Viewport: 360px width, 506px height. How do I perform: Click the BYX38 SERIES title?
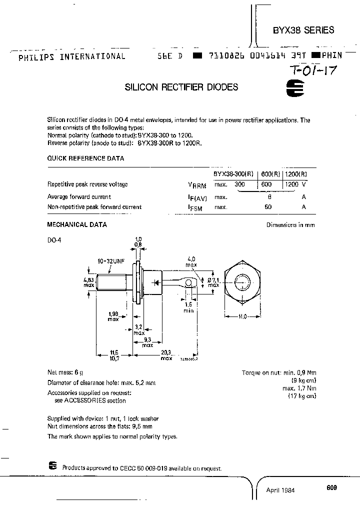pos(303,30)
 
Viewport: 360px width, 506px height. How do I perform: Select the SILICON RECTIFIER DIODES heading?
pos(181,87)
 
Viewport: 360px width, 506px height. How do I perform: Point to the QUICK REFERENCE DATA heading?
pos(85,158)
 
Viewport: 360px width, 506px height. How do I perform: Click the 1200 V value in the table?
pos(295,184)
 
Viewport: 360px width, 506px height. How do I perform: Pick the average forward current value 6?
pos(269,196)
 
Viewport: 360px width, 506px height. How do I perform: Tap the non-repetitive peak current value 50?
pos(268,206)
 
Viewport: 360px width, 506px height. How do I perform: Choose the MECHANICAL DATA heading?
pos(77,224)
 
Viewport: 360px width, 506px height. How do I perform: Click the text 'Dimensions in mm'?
pos(290,225)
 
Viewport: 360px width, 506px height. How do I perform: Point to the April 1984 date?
pos(280,490)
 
